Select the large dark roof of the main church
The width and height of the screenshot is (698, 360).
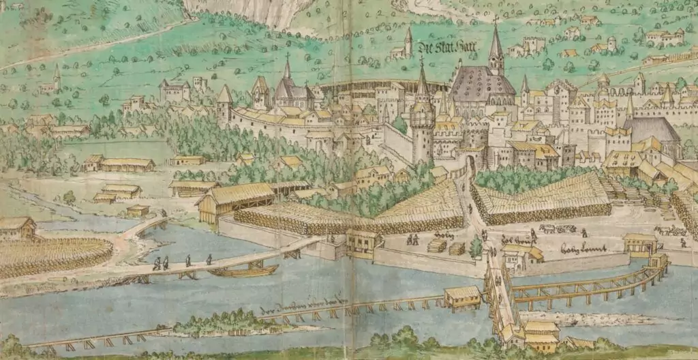482,85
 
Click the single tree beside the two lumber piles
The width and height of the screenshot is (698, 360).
476,247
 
